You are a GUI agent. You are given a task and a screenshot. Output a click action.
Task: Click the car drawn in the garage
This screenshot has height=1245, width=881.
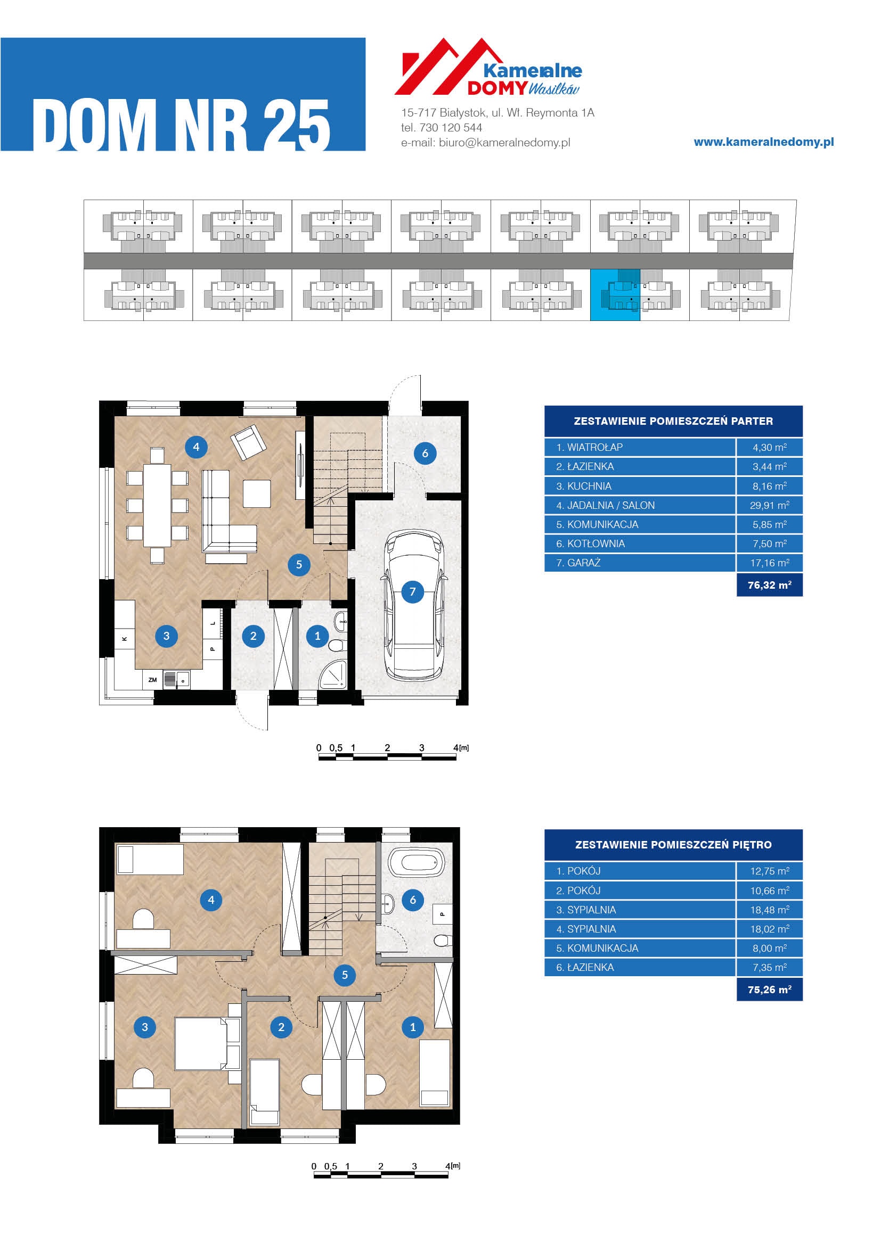(x=415, y=605)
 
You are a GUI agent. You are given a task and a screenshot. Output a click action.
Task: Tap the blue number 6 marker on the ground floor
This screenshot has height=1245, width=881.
(x=425, y=454)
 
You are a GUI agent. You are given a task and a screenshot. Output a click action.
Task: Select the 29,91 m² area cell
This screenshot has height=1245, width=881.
(x=769, y=505)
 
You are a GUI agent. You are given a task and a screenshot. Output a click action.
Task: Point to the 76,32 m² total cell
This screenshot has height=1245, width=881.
(x=769, y=585)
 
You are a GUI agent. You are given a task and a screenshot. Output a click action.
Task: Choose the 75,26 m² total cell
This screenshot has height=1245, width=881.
(x=769, y=990)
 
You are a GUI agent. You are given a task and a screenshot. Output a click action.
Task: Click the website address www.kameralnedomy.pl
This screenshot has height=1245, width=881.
(x=764, y=142)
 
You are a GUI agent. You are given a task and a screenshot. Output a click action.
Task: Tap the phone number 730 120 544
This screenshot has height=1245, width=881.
(x=451, y=127)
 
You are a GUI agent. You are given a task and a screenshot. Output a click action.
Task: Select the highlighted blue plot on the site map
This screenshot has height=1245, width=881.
(x=615, y=295)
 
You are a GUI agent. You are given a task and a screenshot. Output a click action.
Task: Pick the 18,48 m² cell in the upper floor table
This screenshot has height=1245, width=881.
(x=769, y=910)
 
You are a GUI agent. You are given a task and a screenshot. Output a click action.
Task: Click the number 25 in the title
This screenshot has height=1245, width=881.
(x=296, y=126)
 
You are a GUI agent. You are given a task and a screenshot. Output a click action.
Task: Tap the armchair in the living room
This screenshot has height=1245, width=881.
(x=248, y=442)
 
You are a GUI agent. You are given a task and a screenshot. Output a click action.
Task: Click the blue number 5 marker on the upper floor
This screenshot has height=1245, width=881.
(x=345, y=975)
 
